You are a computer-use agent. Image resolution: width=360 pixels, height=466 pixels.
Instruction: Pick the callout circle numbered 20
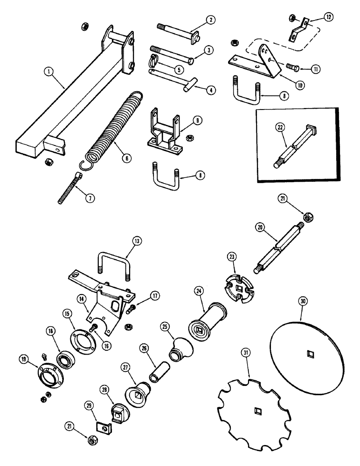coord(260,227)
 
